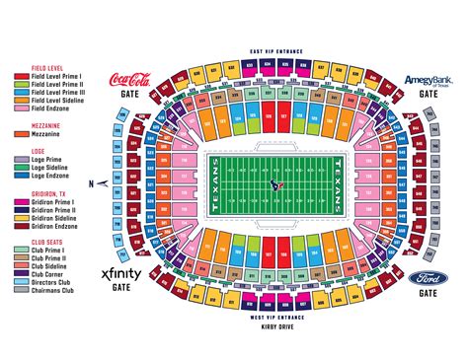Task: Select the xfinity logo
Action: coord(119,274)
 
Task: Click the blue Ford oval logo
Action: coord(428,278)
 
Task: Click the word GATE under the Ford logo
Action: coord(428,293)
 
